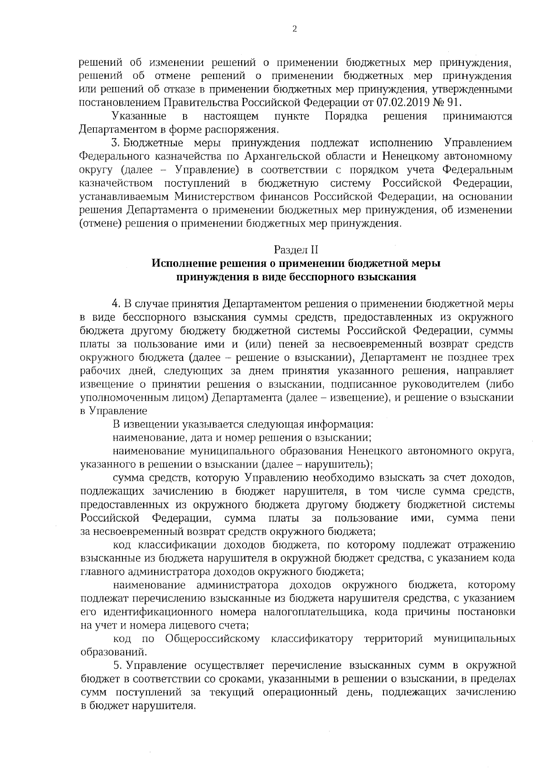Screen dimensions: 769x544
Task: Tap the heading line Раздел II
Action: [296, 250]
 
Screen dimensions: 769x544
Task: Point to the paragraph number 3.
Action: [114, 143]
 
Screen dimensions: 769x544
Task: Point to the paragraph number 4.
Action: [115, 303]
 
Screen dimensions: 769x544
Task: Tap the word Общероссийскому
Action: [213, 639]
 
